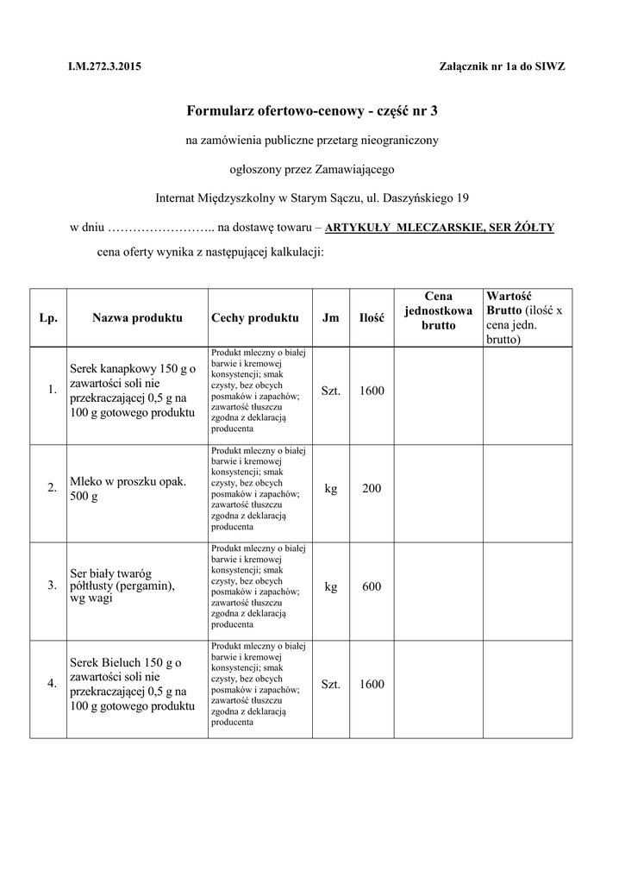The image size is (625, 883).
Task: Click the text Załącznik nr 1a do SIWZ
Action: point(503,66)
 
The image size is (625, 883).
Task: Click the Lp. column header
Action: point(48,317)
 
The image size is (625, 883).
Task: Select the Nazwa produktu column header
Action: point(137,317)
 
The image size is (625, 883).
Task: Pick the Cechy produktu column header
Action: point(254,317)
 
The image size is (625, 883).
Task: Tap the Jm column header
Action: point(330,317)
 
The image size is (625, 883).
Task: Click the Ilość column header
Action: point(372,317)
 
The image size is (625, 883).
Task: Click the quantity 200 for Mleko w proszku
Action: point(372,489)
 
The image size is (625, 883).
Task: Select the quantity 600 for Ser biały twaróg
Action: point(372,586)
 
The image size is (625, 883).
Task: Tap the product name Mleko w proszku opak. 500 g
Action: point(128,489)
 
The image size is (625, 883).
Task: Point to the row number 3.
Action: point(52,586)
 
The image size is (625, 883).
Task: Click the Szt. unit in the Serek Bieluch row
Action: point(331,684)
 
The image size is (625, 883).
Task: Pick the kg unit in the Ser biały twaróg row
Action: point(331,586)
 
